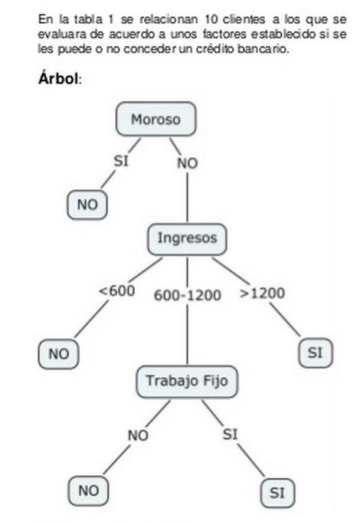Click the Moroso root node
point(156,120)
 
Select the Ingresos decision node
point(187,238)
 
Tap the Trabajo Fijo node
point(187,382)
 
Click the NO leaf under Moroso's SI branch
point(87,205)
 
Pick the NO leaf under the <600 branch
point(58,354)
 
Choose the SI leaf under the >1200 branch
point(316,353)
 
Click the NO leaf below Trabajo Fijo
point(88,491)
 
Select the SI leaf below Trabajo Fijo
point(277,493)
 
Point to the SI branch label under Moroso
point(121,161)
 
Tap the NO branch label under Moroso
point(188,163)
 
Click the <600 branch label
point(117,290)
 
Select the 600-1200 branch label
point(188,295)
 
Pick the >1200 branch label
point(263,294)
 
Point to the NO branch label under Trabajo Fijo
point(138,435)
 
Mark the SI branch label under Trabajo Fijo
point(231,435)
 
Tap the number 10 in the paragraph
point(211,19)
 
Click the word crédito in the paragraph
point(214,49)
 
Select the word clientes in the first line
point(244,19)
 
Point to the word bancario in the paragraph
point(263,49)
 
